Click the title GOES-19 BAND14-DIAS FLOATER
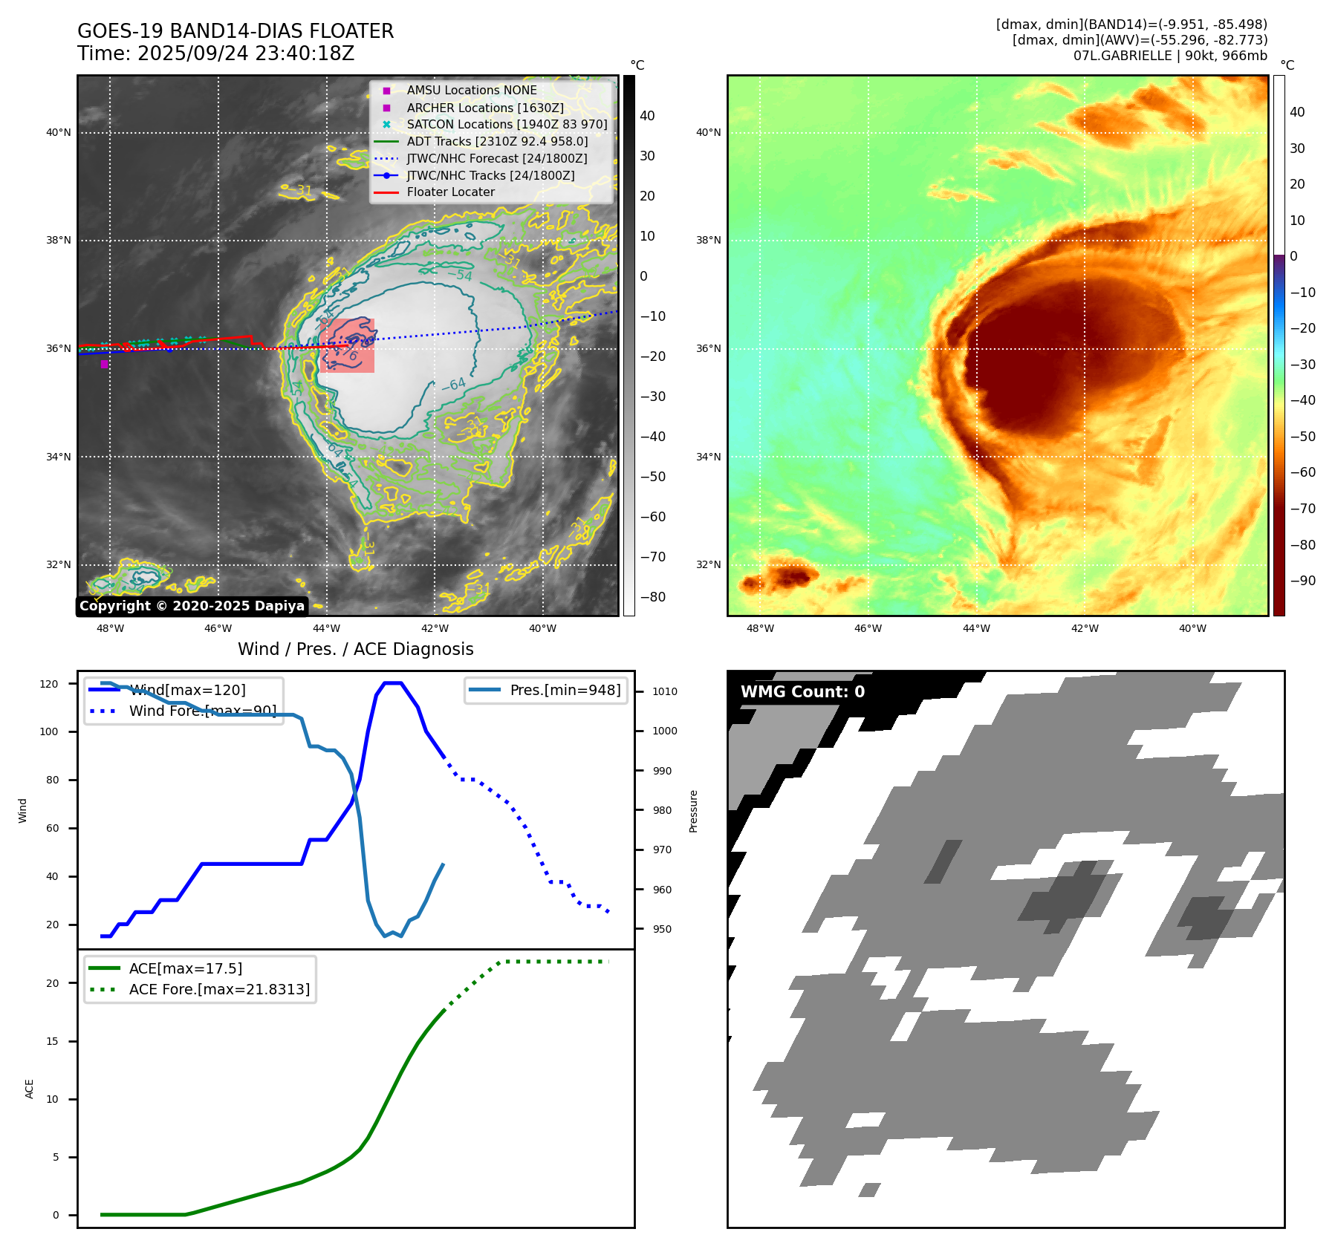point(236,31)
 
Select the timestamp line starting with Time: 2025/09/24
point(215,53)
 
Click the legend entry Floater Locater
point(450,192)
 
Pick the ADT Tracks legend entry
point(497,141)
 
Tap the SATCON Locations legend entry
point(507,124)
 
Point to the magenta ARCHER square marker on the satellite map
point(105,364)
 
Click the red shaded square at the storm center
point(347,345)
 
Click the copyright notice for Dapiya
point(192,606)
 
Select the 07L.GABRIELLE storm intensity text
point(1169,56)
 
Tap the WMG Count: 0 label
point(802,692)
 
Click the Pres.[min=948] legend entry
point(565,690)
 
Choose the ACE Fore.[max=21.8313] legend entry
point(219,989)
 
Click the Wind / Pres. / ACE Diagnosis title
point(355,649)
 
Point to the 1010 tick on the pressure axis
point(665,691)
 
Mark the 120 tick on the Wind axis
point(49,684)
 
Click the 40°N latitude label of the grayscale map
point(59,133)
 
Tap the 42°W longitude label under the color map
point(1084,628)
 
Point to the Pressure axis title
point(694,811)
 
